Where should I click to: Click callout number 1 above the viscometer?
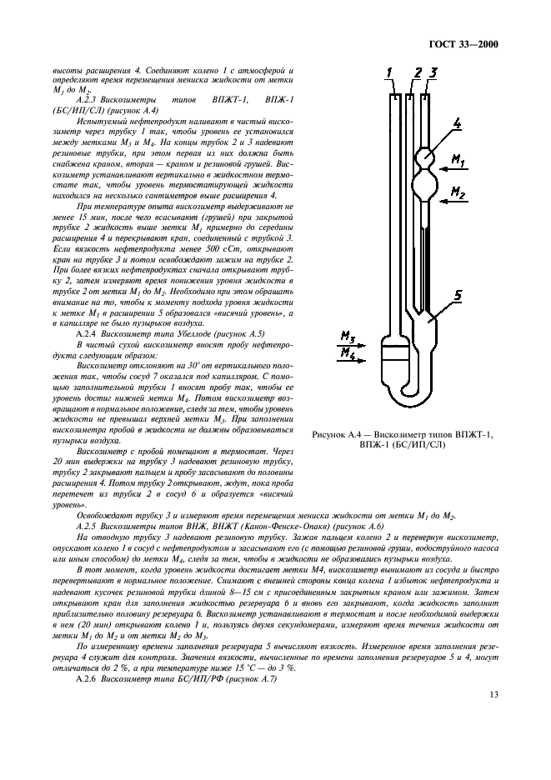pyautogui.click(x=390, y=73)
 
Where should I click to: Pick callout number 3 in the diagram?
pyautogui.click(x=433, y=73)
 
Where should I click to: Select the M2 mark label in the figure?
pyautogui.click(x=481, y=192)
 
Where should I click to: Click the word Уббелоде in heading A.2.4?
pyautogui.click(x=185, y=332)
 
